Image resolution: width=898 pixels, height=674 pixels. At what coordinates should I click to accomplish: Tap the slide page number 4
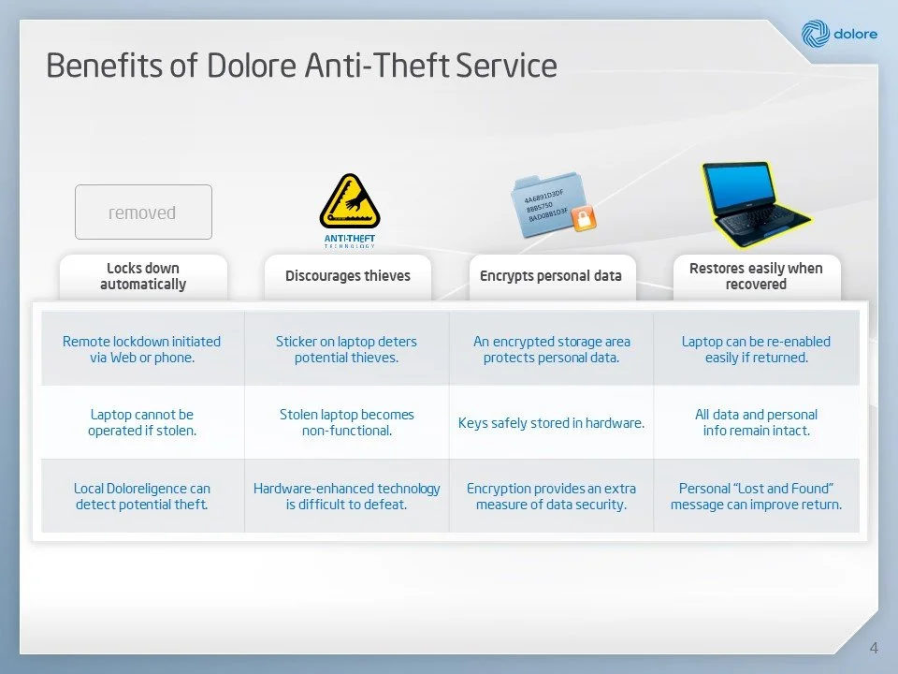pyautogui.click(x=874, y=648)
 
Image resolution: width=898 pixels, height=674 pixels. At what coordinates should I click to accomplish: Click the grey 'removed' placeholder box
pyautogui.click(x=143, y=212)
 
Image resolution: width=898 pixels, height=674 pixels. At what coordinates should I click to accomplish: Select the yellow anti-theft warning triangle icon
pyautogui.click(x=349, y=202)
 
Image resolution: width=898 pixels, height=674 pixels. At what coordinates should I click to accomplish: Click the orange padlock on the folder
pyautogui.click(x=584, y=220)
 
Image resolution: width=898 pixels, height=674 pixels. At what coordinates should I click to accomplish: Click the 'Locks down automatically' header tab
pyautogui.click(x=143, y=276)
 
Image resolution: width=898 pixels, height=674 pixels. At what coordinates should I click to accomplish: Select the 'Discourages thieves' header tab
pyautogui.click(x=347, y=276)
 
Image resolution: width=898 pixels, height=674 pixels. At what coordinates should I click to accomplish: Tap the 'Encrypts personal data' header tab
pyautogui.click(x=550, y=276)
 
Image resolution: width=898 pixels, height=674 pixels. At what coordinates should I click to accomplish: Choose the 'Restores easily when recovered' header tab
pyautogui.click(x=756, y=276)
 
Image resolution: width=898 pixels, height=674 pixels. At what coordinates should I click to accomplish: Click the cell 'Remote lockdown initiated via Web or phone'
pyautogui.click(x=142, y=349)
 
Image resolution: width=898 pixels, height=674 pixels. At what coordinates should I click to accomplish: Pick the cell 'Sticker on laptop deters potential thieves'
pyautogui.click(x=346, y=349)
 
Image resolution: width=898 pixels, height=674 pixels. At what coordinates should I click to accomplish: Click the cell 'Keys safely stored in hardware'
pyautogui.click(x=551, y=423)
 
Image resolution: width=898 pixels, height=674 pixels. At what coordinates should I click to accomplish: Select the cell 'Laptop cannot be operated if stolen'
pyautogui.click(x=142, y=422)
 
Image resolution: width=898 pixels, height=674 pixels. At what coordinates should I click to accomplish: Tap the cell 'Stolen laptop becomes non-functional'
pyautogui.click(x=346, y=422)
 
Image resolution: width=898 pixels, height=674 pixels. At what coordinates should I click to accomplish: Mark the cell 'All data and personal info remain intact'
pyautogui.click(x=756, y=422)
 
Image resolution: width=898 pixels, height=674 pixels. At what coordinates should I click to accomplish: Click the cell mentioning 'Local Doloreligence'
pyautogui.click(x=142, y=496)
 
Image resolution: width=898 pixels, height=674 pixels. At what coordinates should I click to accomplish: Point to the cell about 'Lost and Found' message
pyautogui.click(x=756, y=496)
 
